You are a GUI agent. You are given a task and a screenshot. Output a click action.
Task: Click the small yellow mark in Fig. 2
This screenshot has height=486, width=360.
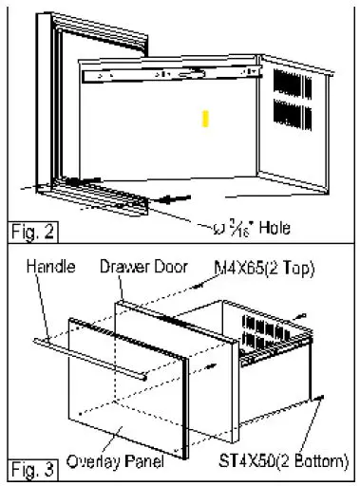(x=205, y=119)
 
